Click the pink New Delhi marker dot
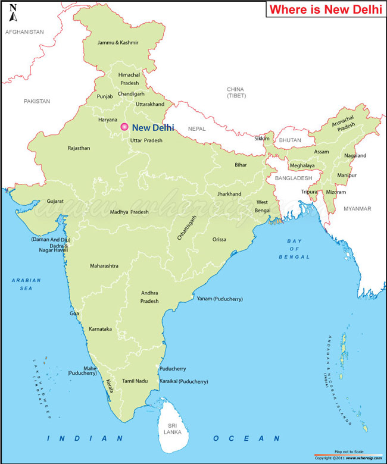(x=124, y=127)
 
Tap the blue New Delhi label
(x=153, y=127)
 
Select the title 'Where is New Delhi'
(x=323, y=10)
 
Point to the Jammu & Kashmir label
(x=118, y=43)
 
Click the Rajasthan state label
(x=79, y=148)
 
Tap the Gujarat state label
(x=55, y=202)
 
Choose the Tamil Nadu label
(x=135, y=380)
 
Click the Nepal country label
(x=196, y=128)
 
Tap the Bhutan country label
(x=291, y=140)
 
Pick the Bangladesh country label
(x=293, y=178)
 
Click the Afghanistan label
(x=24, y=32)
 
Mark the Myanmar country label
(x=357, y=209)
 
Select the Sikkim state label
(x=262, y=139)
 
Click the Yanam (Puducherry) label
(x=220, y=299)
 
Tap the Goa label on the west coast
(x=74, y=313)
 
